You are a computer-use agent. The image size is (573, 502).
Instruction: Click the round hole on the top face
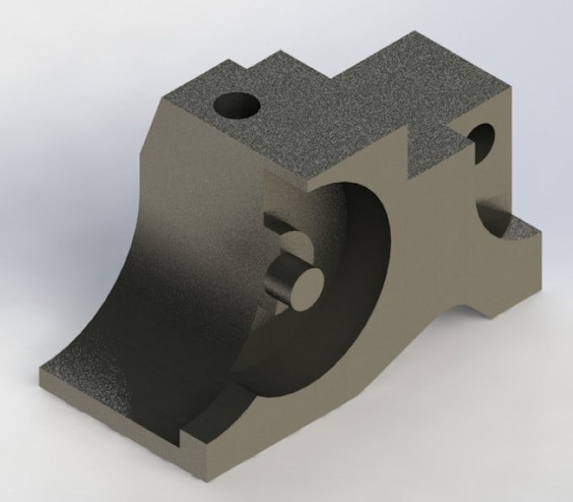point(237,107)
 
